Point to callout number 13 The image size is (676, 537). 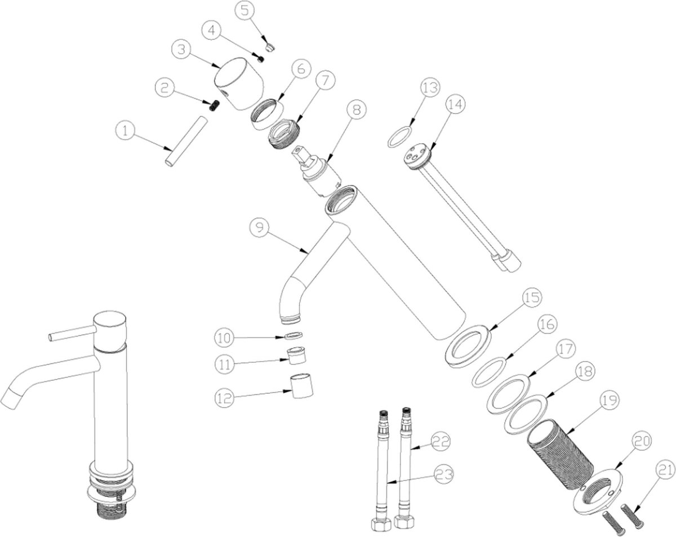(430, 88)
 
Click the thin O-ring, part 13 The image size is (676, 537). (399, 136)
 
